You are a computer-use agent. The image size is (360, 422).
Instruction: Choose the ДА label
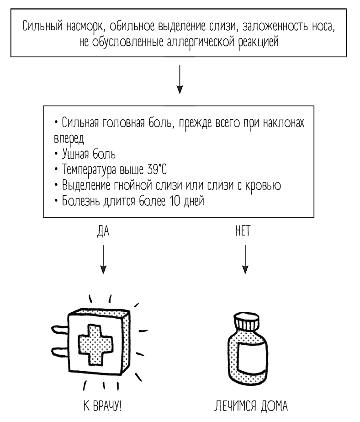[104, 232]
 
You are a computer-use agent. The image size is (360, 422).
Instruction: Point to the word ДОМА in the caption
[271, 406]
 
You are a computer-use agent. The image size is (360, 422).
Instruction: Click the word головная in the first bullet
[121, 123]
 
